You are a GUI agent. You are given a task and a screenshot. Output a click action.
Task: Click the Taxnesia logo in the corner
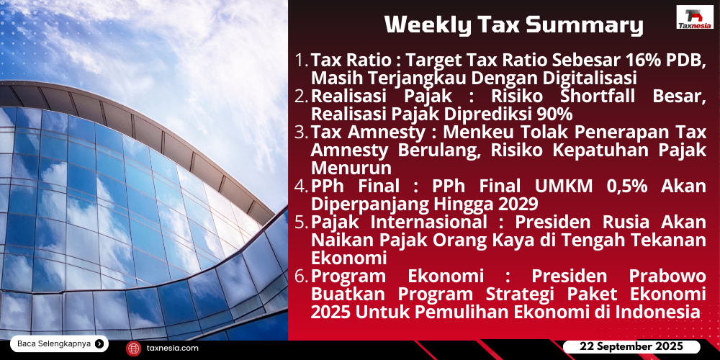pyautogui.click(x=695, y=17)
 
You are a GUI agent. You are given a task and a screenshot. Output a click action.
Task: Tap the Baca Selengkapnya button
pyautogui.click(x=59, y=343)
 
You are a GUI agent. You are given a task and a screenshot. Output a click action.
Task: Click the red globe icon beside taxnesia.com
pyautogui.click(x=134, y=348)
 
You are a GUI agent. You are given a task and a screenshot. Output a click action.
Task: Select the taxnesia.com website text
pyautogui.click(x=173, y=348)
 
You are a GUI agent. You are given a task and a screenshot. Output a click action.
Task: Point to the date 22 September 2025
pyautogui.click(x=631, y=346)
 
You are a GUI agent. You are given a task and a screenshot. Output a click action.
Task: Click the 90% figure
pyautogui.click(x=557, y=114)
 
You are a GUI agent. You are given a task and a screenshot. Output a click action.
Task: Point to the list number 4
pyautogui.click(x=301, y=187)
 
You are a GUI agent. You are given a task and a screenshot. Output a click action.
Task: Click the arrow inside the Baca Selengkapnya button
pyautogui.click(x=99, y=343)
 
